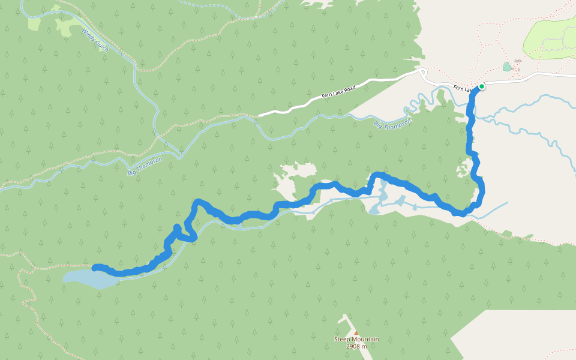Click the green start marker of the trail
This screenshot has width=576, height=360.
click(481, 86)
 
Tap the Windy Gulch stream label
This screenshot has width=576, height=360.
click(95, 40)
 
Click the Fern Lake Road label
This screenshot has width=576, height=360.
click(339, 92)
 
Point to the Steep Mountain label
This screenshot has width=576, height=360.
click(356, 340)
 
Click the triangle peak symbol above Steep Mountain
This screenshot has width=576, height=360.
click(356, 332)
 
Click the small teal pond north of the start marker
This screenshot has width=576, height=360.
click(507, 67)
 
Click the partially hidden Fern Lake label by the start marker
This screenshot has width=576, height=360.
click(463, 89)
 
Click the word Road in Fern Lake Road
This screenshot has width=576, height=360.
click(350, 89)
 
